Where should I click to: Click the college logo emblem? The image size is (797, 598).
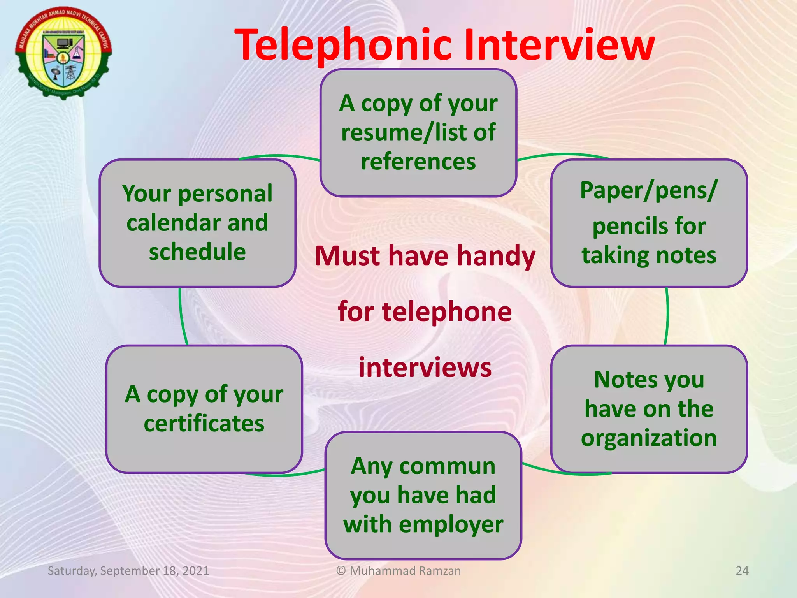tap(63, 53)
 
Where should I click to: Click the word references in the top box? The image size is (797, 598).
tap(418, 162)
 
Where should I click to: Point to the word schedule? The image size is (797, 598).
tap(198, 252)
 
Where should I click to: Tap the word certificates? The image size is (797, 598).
tap(204, 424)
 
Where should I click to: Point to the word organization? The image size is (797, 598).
tap(649, 438)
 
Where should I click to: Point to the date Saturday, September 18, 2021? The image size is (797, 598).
tap(128, 571)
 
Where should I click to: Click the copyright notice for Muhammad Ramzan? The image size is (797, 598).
tap(398, 571)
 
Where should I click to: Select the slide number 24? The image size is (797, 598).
tap(742, 571)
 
